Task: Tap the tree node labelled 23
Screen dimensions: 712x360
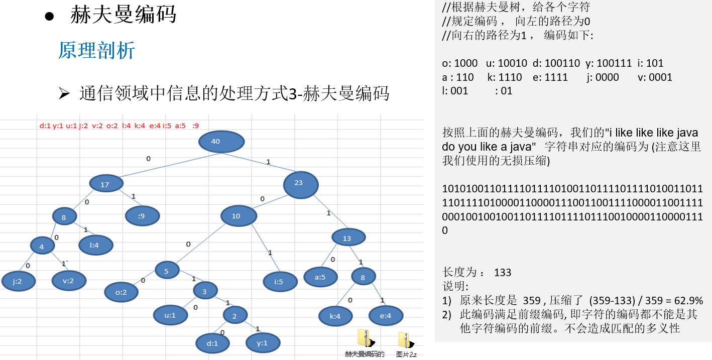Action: coord(300,184)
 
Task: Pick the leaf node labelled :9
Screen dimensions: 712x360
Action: coord(143,216)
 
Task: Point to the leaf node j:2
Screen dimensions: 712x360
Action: coord(18,281)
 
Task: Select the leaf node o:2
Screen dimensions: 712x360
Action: coord(122,292)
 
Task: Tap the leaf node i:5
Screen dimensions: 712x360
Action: coord(279,281)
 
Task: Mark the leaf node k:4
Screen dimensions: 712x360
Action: coord(335,316)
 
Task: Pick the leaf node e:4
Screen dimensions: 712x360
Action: coord(386,316)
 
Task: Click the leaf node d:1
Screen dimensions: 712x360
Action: coord(212,343)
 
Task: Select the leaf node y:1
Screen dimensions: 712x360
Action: coord(263,343)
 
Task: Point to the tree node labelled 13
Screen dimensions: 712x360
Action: coord(348,238)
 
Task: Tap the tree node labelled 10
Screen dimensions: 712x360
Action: coord(239,216)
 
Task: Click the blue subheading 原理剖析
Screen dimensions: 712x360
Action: coord(96,51)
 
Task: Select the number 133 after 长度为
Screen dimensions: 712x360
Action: coord(503,273)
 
